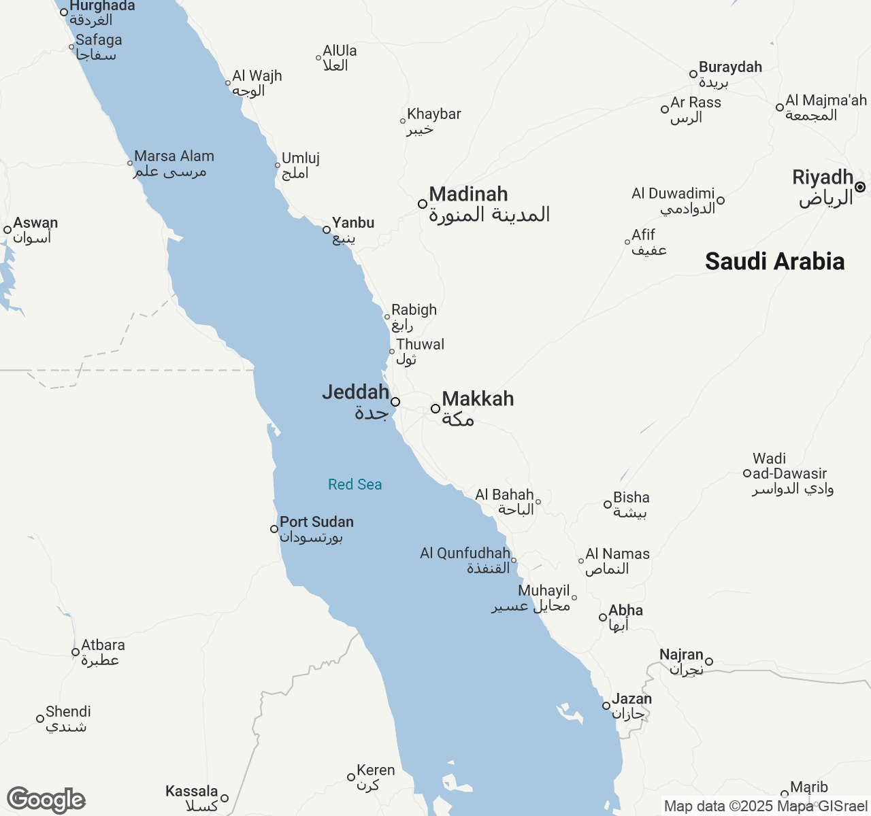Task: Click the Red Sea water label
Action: tap(355, 484)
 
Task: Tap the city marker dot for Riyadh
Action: tap(860, 187)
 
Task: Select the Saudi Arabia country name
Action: tap(774, 261)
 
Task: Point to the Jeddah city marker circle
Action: tap(395, 402)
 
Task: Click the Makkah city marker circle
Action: tap(435, 409)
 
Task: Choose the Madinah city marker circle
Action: tap(423, 204)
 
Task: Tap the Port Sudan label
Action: tap(316, 522)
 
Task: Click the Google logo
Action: tap(46, 800)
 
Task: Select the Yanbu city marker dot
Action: tap(327, 230)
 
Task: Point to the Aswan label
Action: tap(35, 223)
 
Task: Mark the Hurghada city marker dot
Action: tap(64, 12)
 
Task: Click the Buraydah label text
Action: tap(730, 67)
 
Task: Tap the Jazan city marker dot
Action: tap(606, 706)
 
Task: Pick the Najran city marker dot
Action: tap(709, 662)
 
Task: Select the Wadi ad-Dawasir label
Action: tap(789, 473)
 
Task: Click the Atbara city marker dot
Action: tap(76, 652)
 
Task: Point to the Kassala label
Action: tap(191, 792)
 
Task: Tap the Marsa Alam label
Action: tap(174, 156)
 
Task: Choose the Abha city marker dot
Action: tap(603, 617)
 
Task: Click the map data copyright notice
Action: tap(766, 806)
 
